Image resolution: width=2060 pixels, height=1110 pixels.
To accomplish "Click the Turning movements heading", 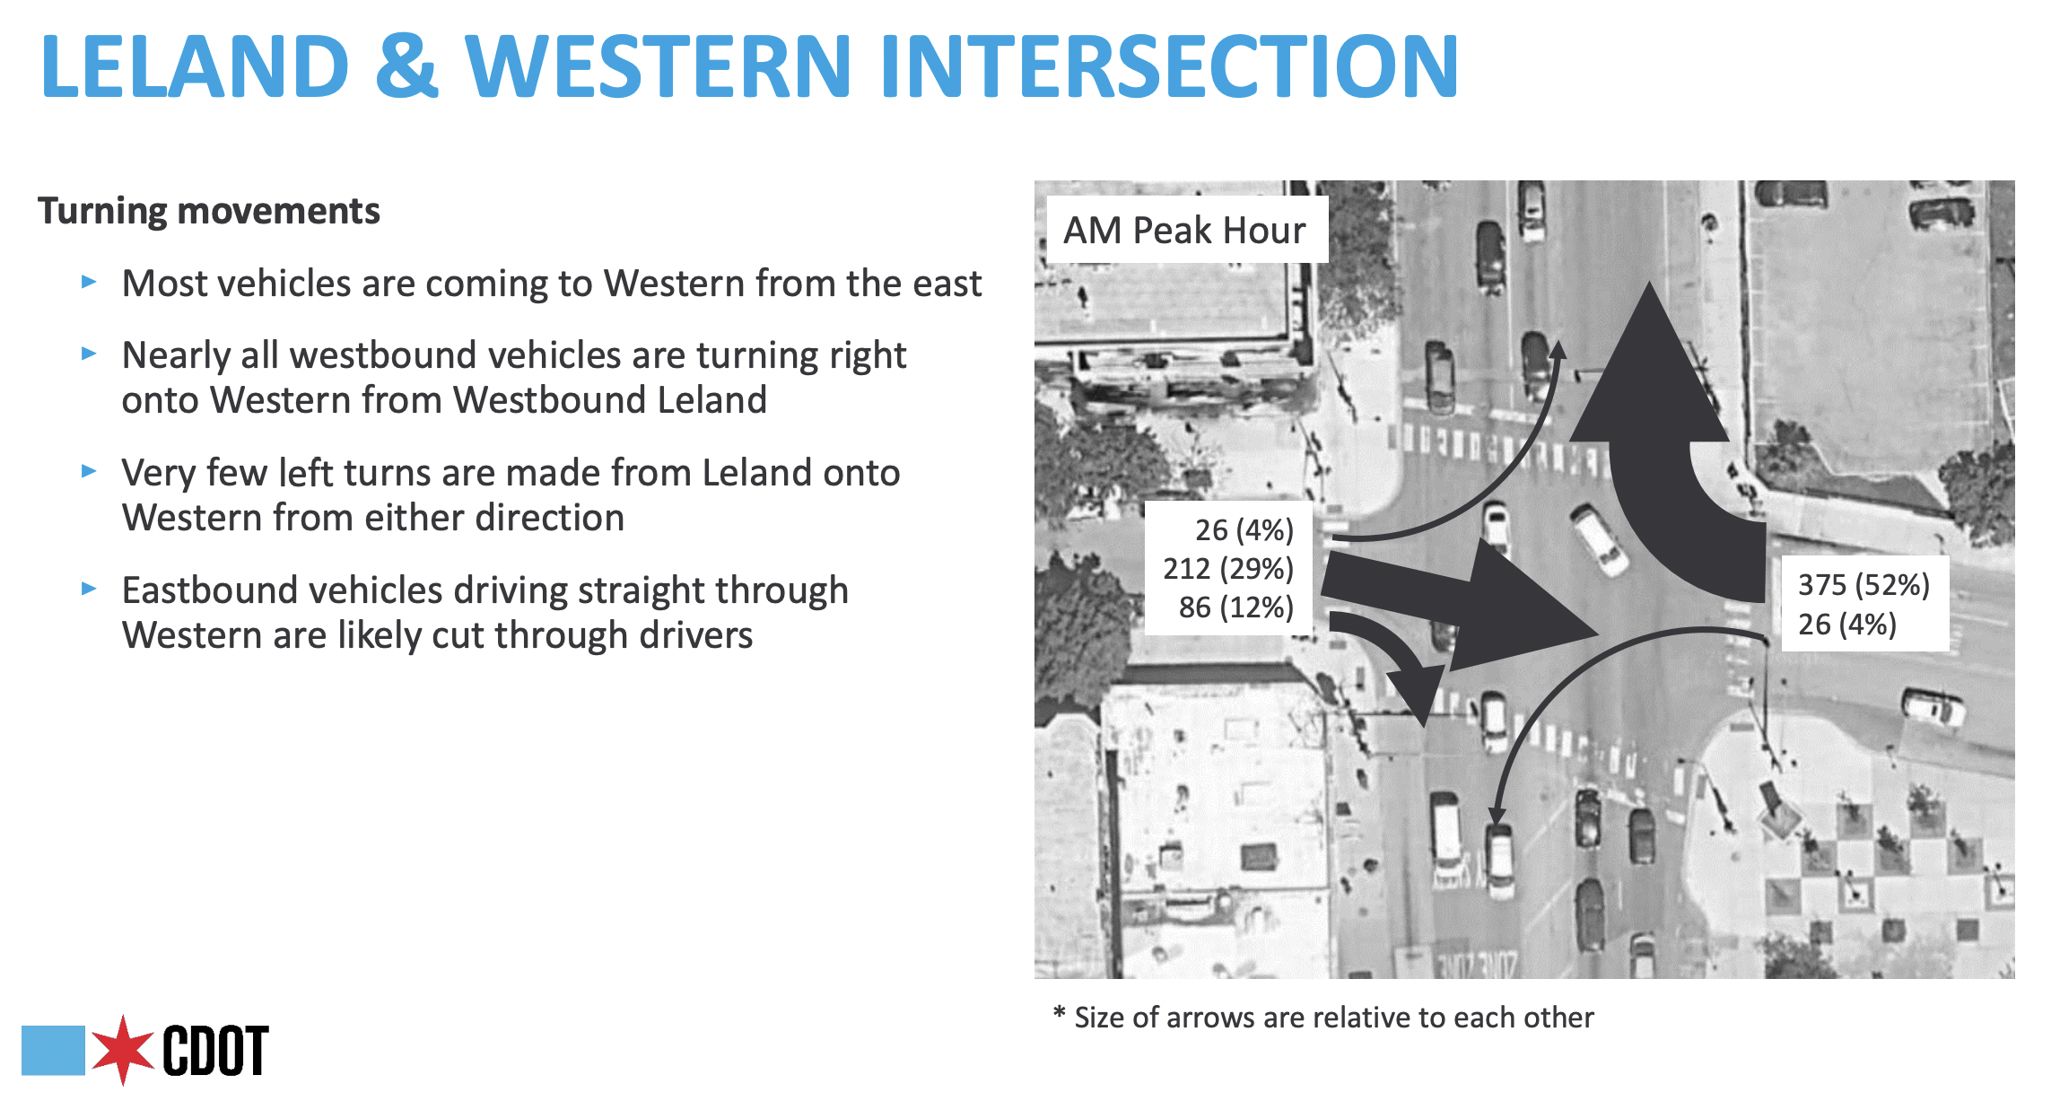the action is (x=209, y=211).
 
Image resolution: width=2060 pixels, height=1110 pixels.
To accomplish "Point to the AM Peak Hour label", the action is (x=1184, y=231).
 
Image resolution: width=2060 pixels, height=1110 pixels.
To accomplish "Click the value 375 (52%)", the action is (x=1864, y=585).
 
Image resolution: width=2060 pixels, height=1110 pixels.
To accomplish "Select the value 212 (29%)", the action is (x=1228, y=569).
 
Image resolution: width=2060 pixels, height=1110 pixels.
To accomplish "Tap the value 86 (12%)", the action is (x=1236, y=607).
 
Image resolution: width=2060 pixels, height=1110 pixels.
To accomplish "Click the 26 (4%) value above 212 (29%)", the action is (x=1244, y=530).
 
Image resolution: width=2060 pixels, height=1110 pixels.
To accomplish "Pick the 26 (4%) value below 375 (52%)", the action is (x=1847, y=625).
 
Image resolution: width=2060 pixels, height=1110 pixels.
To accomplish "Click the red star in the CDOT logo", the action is (x=123, y=1050).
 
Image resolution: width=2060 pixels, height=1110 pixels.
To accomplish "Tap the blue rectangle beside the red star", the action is (x=53, y=1050).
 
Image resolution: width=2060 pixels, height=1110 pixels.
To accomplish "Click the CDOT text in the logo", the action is (x=215, y=1050).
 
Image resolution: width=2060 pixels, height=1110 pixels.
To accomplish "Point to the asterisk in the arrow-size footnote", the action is (x=1059, y=1014).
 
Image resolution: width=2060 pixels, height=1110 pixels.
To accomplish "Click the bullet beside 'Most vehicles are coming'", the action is (x=89, y=282).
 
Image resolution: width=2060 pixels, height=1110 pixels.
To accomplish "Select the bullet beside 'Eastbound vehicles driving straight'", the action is (x=89, y=589).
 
